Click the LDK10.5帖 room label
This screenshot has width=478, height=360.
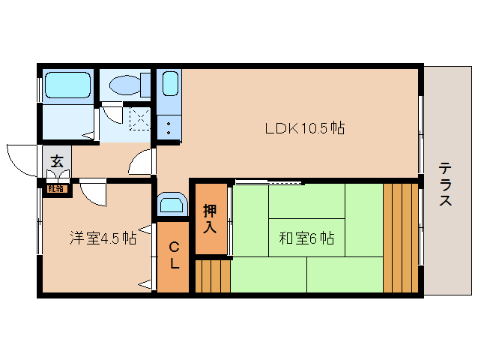click(304, 127)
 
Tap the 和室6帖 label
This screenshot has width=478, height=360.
click(306, 238)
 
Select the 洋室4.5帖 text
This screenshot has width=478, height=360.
click(103, 238)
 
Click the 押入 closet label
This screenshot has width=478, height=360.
click(211, 218)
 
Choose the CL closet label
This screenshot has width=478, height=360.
click(173, 256)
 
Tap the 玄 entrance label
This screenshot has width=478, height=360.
click(56, 160)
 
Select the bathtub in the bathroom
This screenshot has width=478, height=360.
click(67, 85)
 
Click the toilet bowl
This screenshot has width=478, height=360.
click(124, 85)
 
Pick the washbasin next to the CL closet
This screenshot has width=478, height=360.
click(173, 205)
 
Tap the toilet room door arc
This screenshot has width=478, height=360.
click(112, 114)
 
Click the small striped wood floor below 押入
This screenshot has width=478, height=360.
click(213, 275)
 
